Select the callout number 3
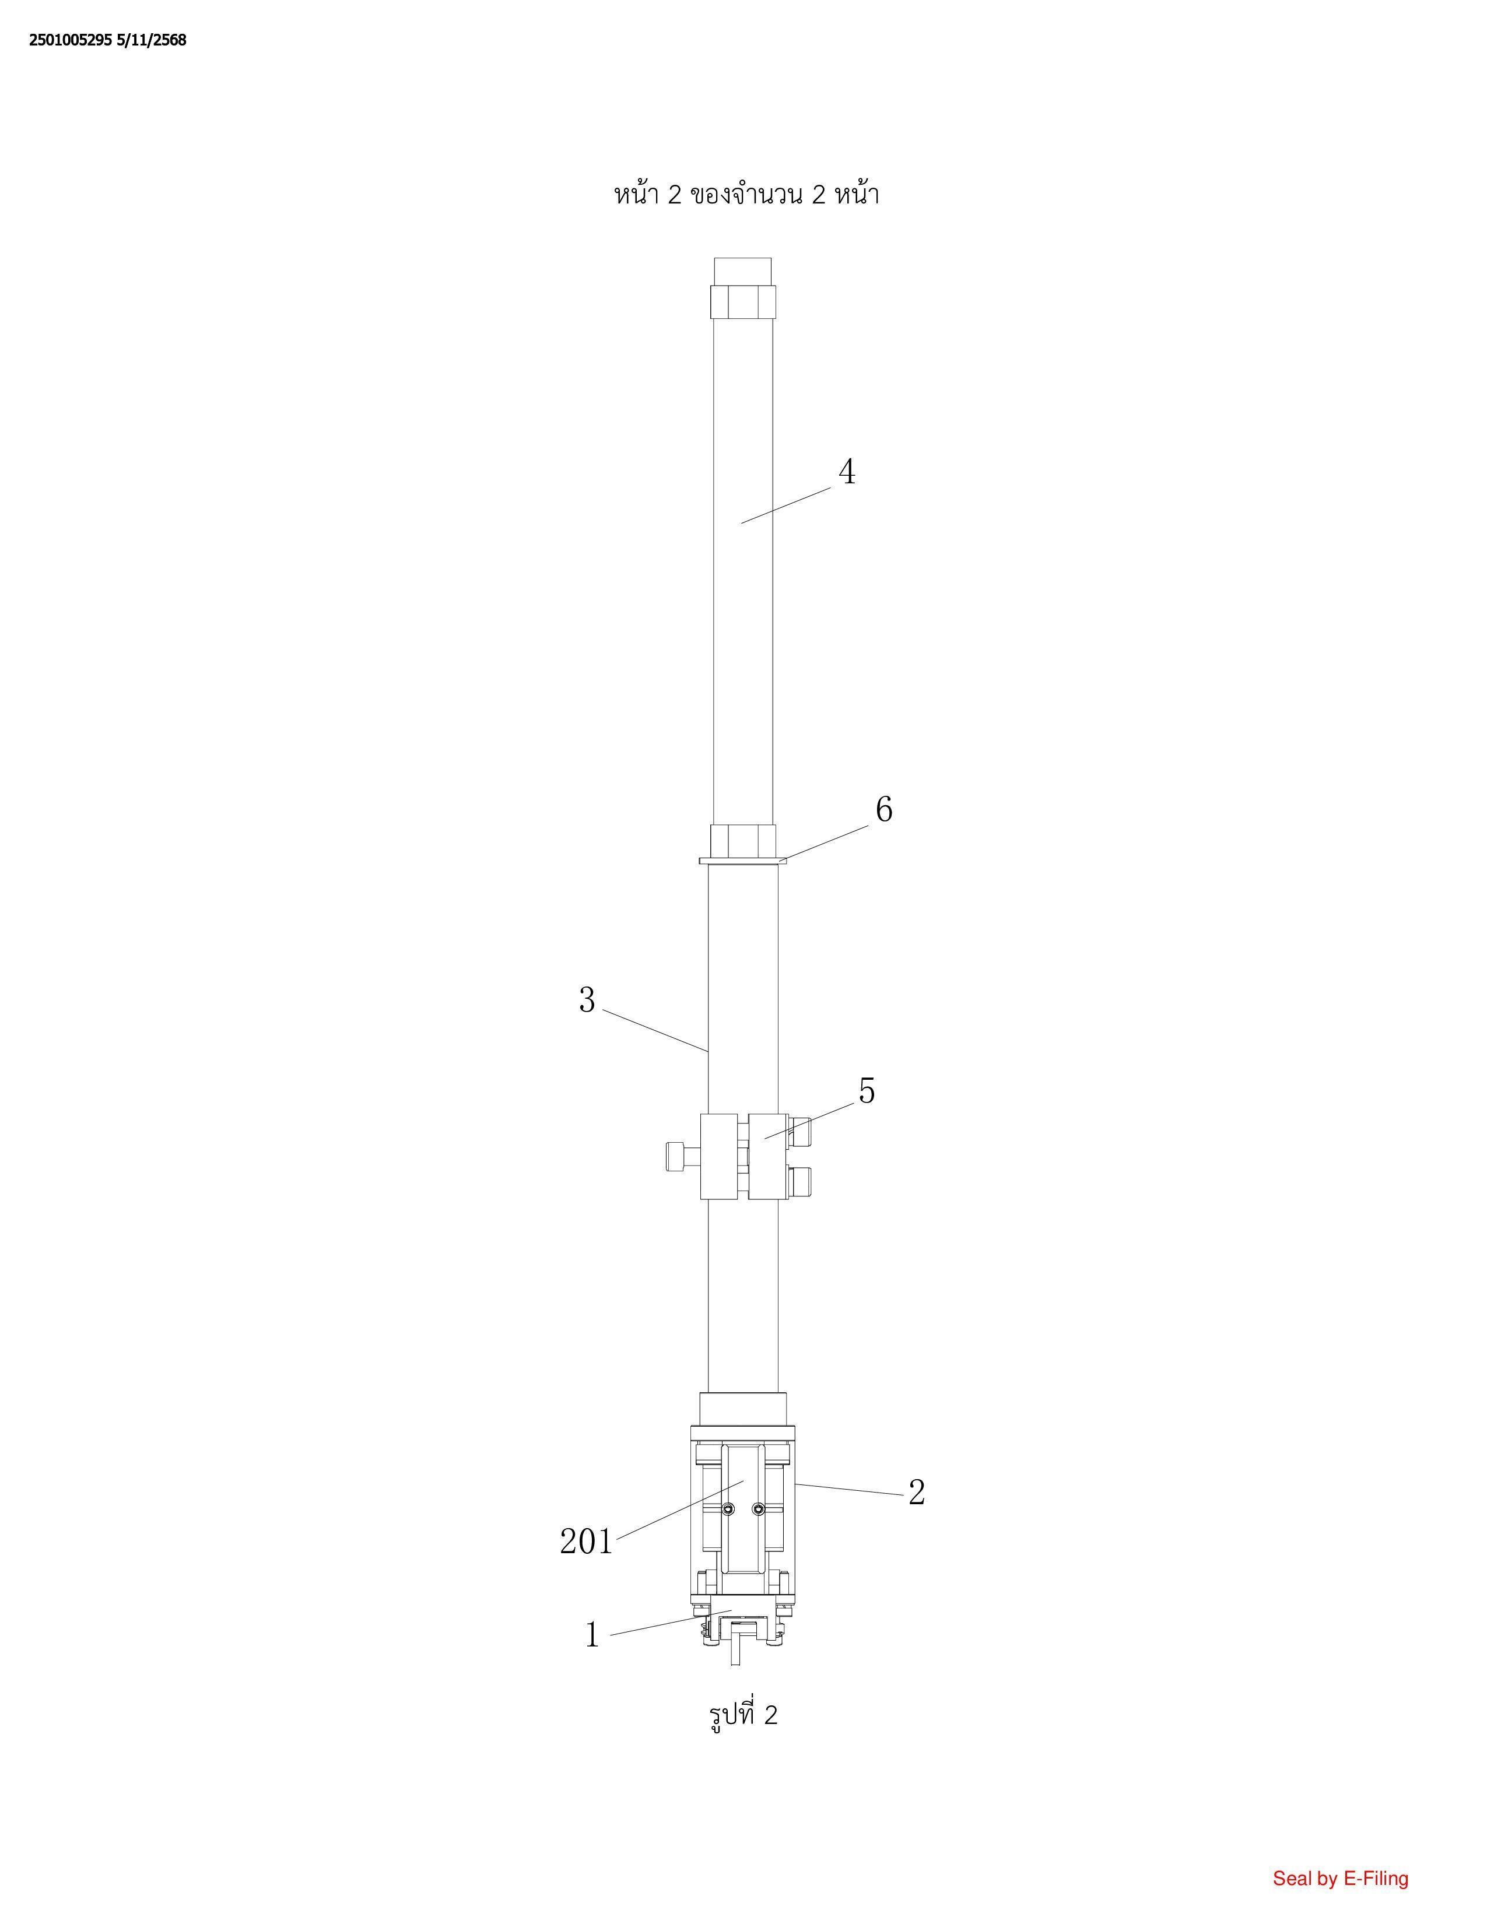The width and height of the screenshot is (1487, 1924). tap(587, 1000)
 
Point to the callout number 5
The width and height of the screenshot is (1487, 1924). tap(867, 1091)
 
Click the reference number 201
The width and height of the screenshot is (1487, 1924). tap(586, 1542)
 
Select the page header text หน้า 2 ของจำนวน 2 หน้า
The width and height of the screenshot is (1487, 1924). tap(746, 194)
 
